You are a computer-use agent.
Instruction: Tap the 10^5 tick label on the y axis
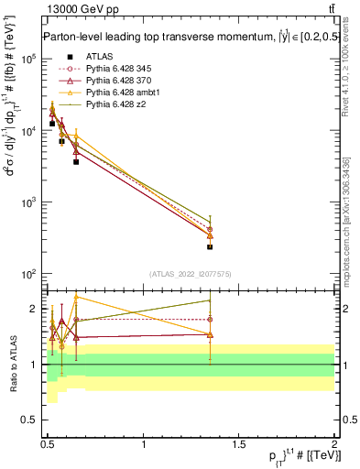click(x=27, y=59)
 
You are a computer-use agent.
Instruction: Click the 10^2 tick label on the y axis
click(x=27, y=274)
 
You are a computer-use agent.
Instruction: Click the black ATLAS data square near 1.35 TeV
click(x=210, y=246)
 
